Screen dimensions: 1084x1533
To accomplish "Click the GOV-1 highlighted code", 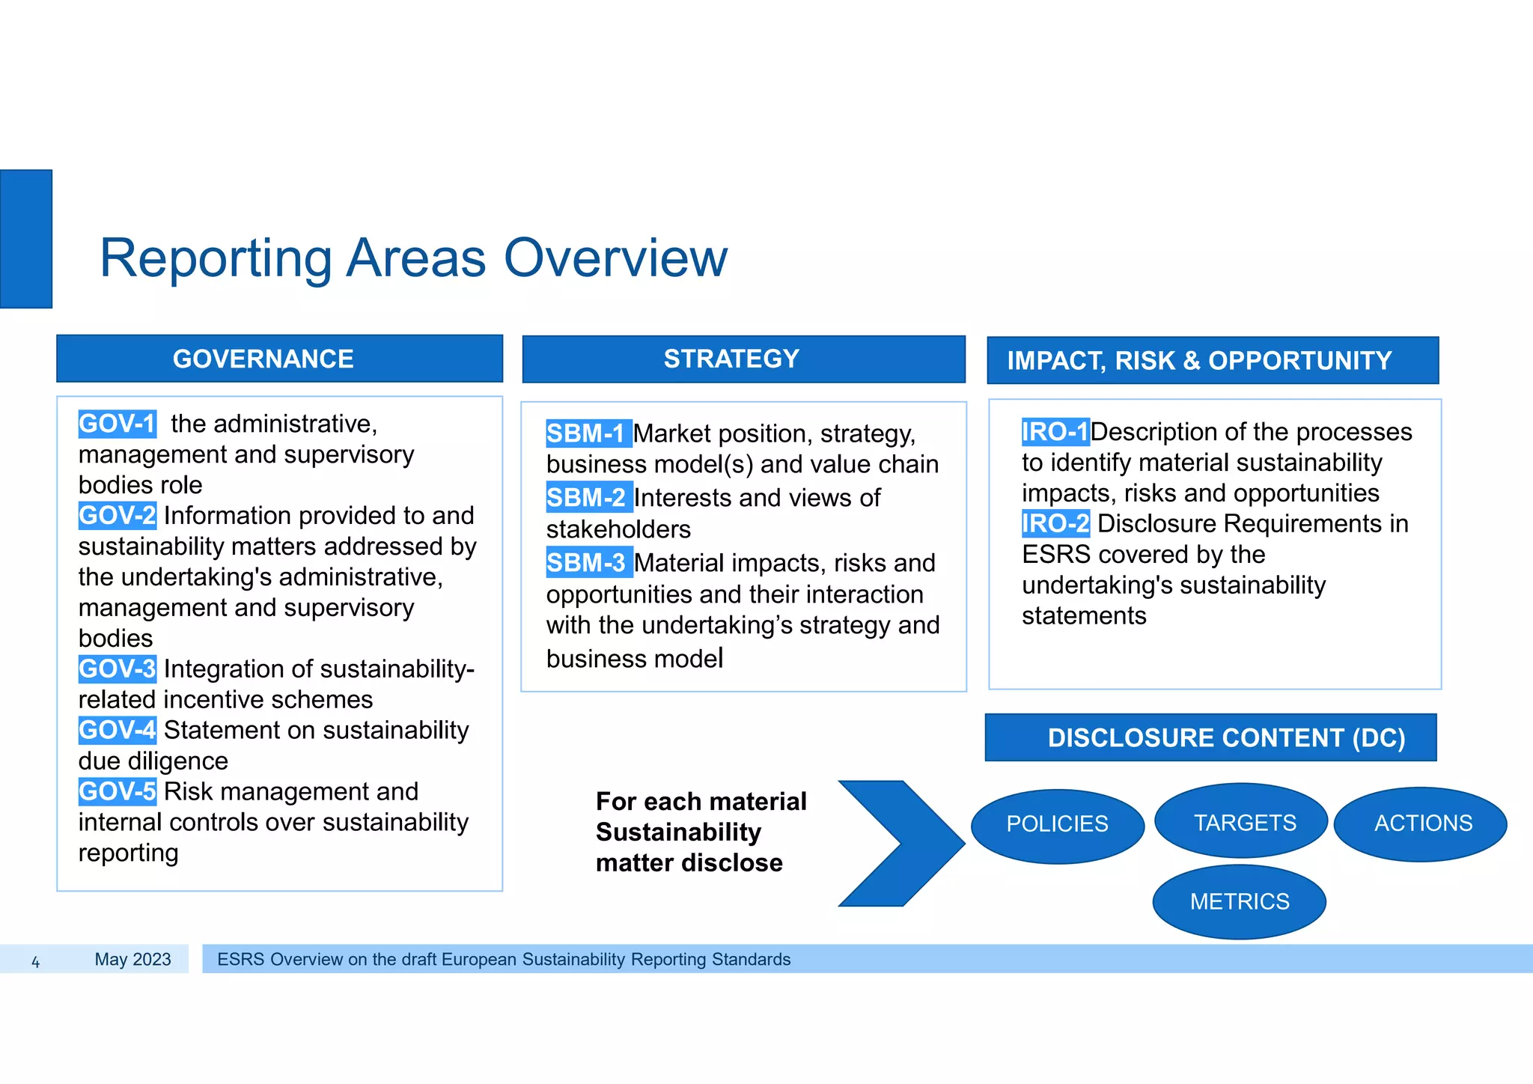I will point(117,424).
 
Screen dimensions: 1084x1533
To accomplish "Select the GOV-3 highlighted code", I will point(117,669).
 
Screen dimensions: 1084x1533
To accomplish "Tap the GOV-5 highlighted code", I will point(117,791).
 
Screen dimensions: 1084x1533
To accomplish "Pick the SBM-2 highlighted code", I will point(588,498).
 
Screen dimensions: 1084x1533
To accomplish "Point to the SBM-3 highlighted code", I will point(588,563).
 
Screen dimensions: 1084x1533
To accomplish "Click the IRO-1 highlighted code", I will point(1055,432).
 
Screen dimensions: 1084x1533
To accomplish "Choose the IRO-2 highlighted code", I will point(1055,523).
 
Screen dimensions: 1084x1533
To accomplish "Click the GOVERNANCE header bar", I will point(279,359).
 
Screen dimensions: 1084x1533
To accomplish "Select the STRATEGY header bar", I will point(743,359).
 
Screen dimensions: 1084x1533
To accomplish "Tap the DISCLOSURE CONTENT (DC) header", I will point(1210,737).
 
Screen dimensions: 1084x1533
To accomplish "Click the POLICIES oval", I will point(1057,824).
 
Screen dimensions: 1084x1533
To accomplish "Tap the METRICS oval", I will point(1239,901).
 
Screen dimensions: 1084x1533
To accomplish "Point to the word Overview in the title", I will point(615,258).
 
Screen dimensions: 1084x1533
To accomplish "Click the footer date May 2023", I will point(132,959).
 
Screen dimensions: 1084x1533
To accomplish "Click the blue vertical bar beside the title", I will point(26,239).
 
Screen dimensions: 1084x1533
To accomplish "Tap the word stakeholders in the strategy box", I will point(618,529).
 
